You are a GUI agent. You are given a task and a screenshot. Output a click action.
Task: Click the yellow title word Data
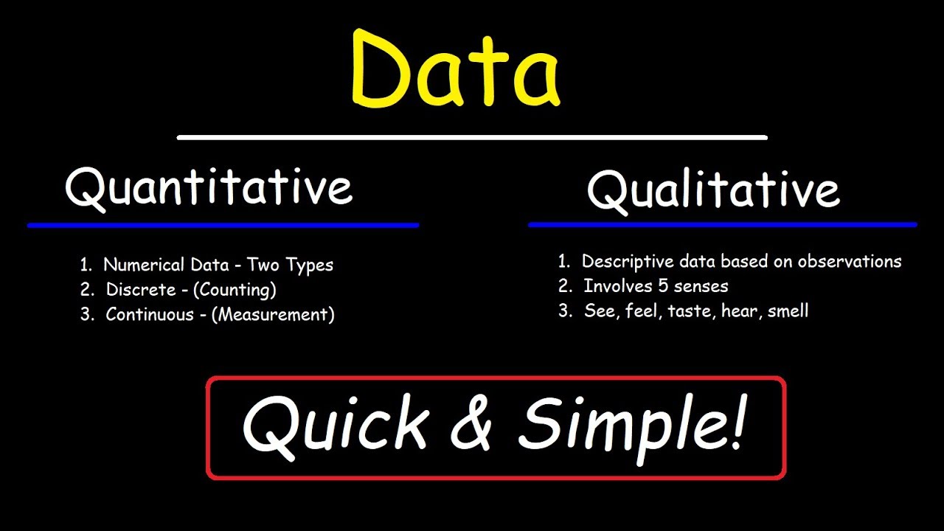pos(455,69)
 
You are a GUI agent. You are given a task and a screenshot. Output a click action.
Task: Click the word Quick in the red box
pos(336,426)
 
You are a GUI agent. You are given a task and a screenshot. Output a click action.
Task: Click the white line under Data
pos(472,137)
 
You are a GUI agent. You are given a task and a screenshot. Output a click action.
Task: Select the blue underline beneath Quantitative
pos(223,225)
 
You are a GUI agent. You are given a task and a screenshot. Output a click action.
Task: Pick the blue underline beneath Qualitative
pos(723,224)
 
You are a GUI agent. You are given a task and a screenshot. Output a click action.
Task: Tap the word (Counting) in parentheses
pos(235,290)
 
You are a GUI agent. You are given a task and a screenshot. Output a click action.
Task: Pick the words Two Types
pos(290,265)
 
